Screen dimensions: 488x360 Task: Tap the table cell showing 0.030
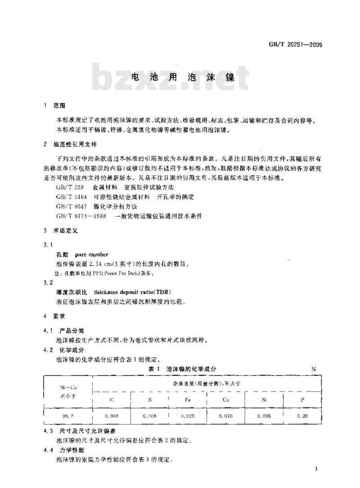click(x=111, y=416)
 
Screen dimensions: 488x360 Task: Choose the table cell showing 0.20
click(x=302, y=416)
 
